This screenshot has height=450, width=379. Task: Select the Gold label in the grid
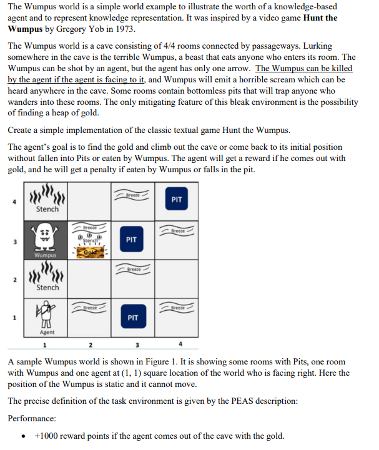(91, 251)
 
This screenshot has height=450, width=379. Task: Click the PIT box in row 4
(177, 200)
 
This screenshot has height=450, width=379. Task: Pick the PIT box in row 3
(131, 239)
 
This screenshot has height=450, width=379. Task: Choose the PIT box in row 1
(132, 317)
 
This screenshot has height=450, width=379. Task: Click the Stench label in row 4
(47, 209)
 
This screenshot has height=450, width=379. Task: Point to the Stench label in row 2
(47, 288)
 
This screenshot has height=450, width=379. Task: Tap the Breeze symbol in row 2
(132, 270)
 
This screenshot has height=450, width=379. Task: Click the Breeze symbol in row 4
(132, 194)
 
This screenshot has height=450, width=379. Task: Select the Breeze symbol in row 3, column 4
(177, 232)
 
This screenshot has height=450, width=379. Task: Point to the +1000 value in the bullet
(46, 436)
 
